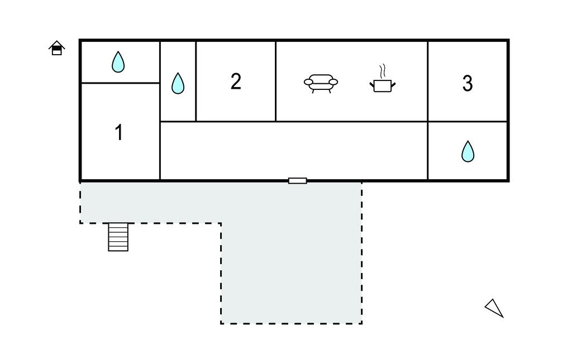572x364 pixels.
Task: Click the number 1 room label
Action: pos(118,133)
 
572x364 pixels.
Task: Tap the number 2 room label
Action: pos(236,82)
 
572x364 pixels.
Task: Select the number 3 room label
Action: pos(468,83)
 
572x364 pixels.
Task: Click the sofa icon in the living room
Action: pos(321,83)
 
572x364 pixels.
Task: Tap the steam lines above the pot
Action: pos(383,71)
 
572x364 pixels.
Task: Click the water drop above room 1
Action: pos(118,62)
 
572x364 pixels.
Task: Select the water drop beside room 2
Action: pos(178,84)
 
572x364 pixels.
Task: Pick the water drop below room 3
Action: pos(468,151)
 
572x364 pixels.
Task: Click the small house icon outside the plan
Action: pos(56,49)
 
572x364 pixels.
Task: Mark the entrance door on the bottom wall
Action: pos(297,180)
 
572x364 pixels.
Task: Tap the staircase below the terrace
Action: pos(118,237)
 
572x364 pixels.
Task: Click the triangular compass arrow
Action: pos(494,308)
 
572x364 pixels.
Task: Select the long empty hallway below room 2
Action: pos(293,150)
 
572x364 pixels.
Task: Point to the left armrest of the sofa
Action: pos(308,82)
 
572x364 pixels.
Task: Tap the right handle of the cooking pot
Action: pos(393,84)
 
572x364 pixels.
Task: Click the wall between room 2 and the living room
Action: pos(276,81)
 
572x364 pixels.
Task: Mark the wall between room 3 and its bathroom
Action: pos(468,121)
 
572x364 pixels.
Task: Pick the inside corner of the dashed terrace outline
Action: pos(221,223)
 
